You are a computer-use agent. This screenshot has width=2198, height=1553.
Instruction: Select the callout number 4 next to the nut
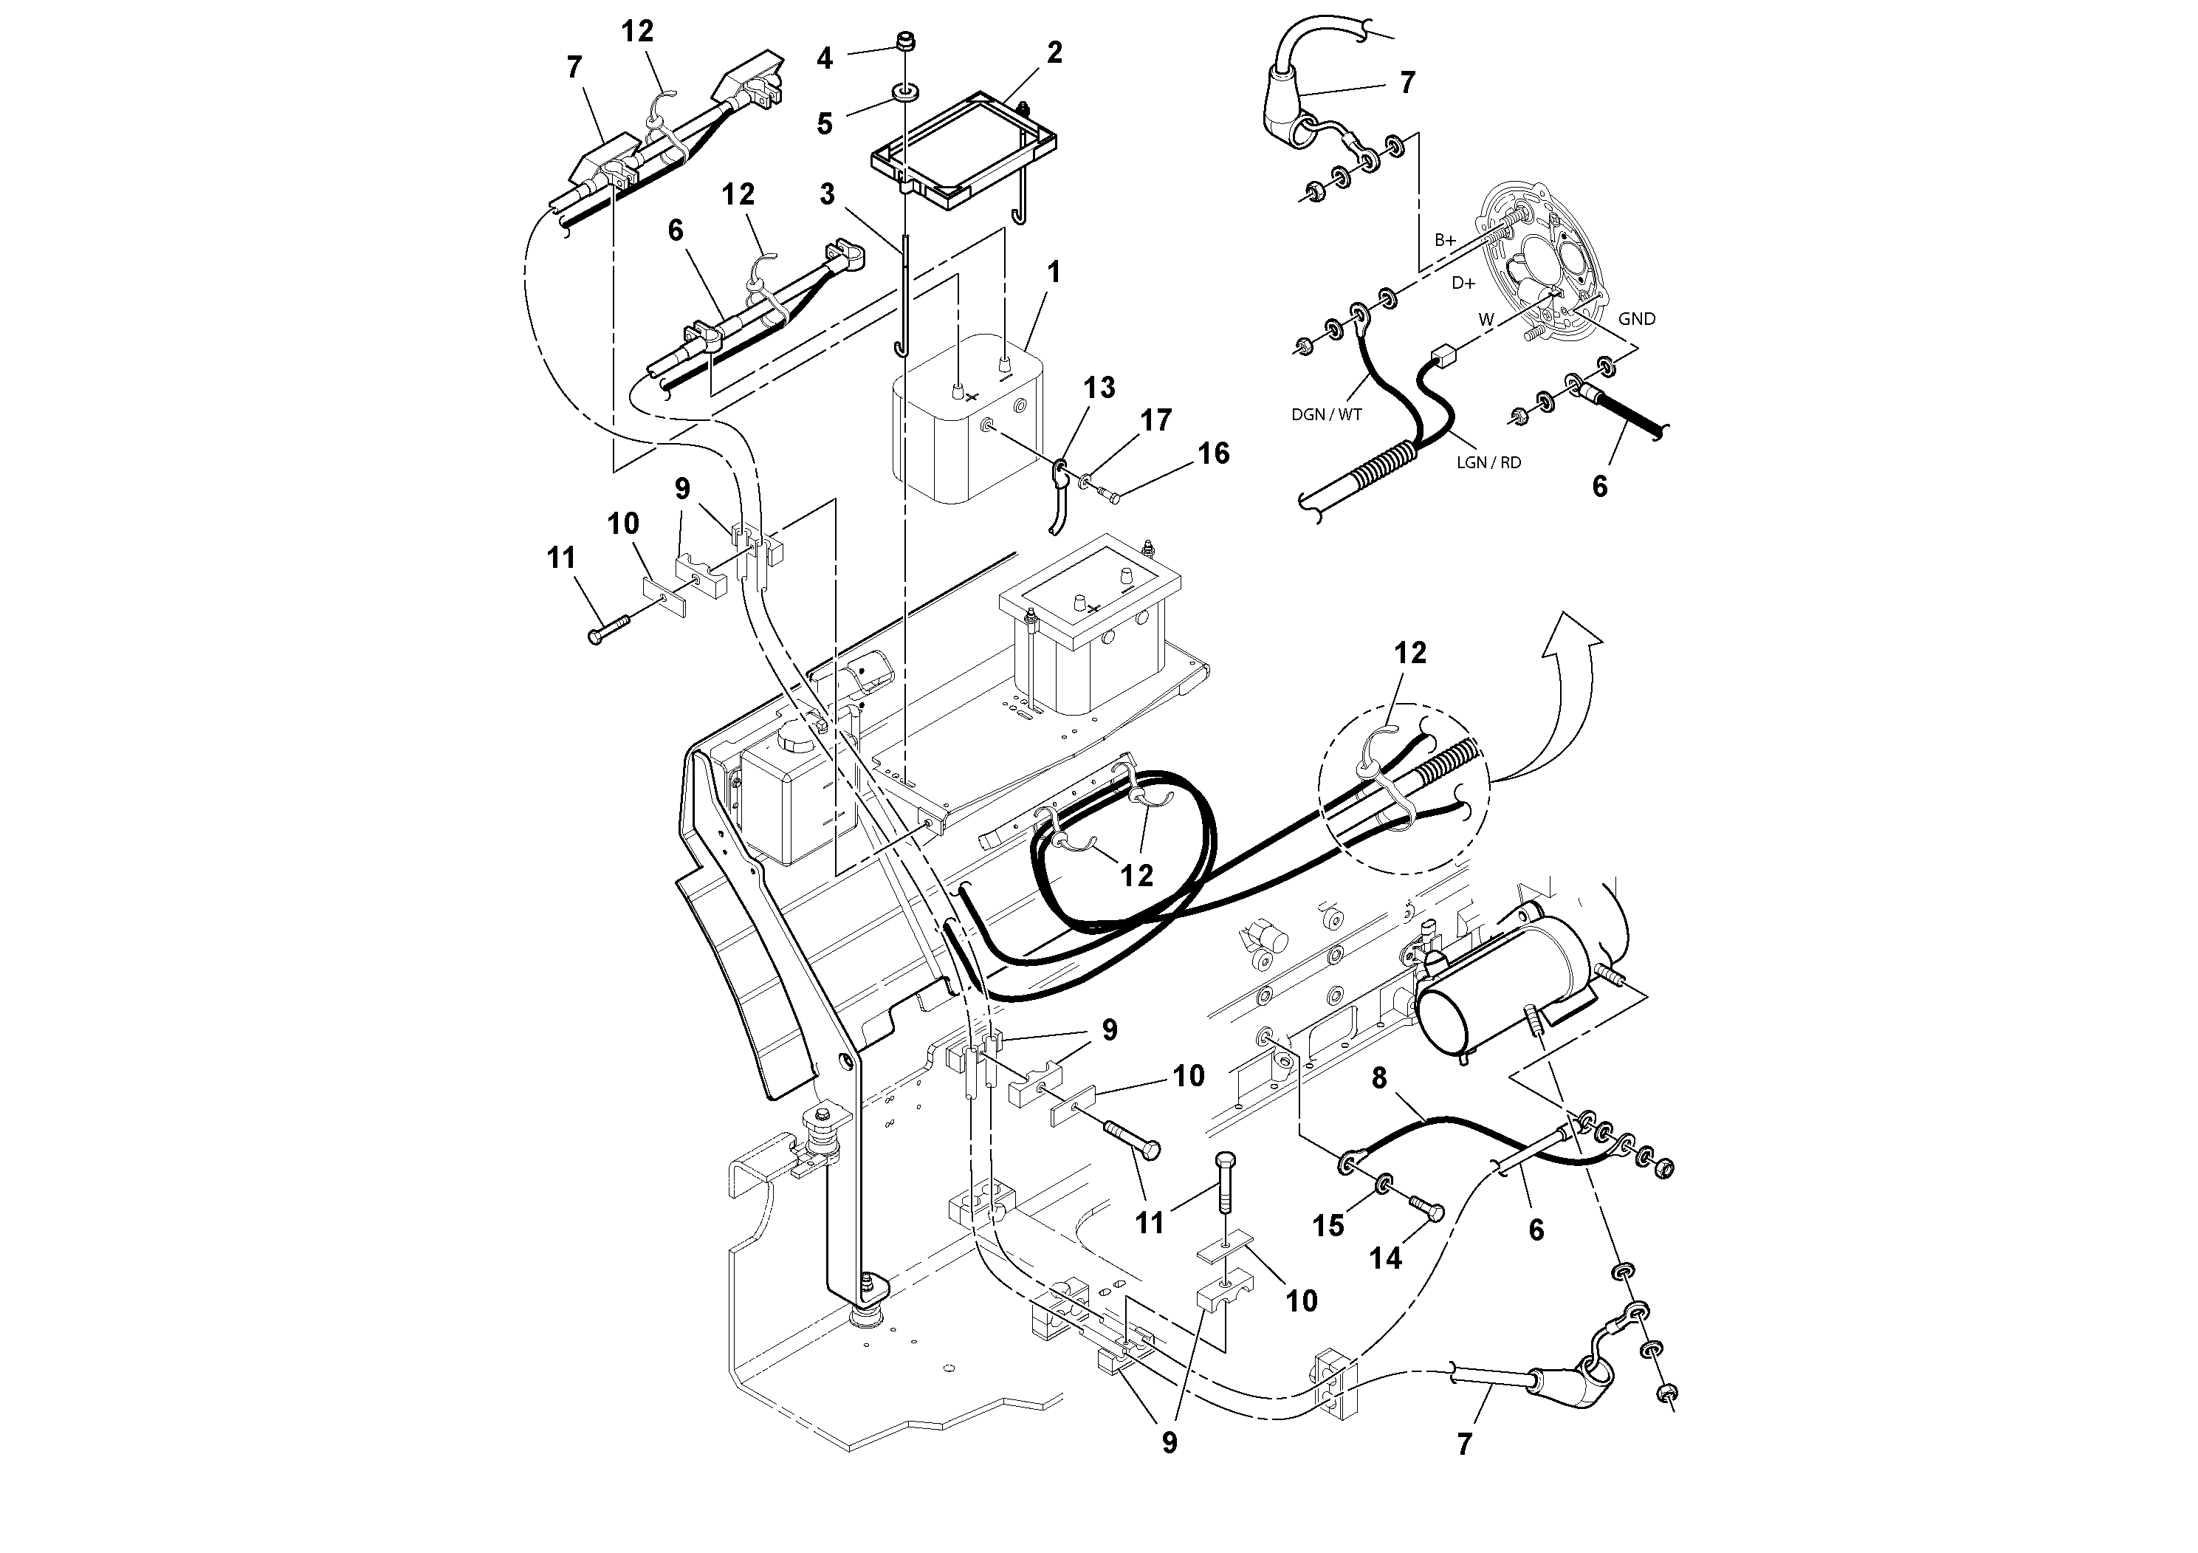coord(824,58)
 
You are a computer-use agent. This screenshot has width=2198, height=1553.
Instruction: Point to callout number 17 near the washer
coord(1155,420)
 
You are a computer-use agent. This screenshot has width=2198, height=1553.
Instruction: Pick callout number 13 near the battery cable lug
coord(1099,388)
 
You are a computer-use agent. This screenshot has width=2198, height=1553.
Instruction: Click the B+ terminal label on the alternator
coord(1445,240)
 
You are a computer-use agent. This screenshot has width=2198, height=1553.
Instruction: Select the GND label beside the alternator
coord(1636,319)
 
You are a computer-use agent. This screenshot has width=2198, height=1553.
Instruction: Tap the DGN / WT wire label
coord(1326,414)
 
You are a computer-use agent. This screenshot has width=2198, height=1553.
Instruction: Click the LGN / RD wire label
coord(1488,462)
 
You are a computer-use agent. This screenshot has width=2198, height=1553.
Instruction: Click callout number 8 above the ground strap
coord(1378,1079)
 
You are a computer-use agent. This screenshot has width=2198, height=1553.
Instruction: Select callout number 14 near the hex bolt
coord(1385,1258)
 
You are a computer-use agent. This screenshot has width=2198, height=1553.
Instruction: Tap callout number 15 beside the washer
coord(1328,1226)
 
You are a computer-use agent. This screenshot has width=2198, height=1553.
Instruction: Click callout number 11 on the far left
coord(561,558)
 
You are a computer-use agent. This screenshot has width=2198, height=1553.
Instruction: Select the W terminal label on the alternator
coord(1486,320)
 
